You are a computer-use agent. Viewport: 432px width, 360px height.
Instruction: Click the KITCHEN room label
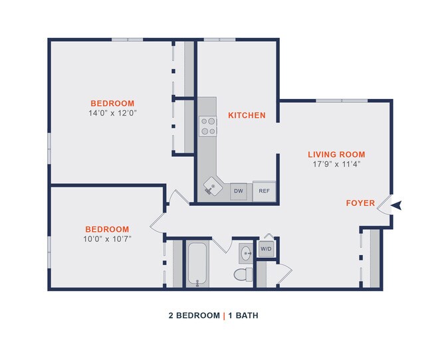(x=247, y=116)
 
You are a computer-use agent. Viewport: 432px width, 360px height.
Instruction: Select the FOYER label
(x=360, y=203)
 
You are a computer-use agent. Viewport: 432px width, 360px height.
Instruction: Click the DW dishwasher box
(x=239, y=191)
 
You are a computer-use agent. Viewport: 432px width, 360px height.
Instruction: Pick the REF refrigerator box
(x=264, y=191)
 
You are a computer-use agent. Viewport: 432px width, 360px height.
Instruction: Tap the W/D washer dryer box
(x=266, y=249)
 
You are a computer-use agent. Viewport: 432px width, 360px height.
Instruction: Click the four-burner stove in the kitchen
(x=208, y=126)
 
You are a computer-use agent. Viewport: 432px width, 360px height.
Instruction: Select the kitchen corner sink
(x=212, y=187)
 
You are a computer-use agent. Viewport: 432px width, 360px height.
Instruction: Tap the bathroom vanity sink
(x=245, y=252)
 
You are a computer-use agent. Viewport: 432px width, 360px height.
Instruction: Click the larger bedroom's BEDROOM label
(x=112, y=104)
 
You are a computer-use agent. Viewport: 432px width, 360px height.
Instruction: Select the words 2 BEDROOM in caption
(x=193, y=315)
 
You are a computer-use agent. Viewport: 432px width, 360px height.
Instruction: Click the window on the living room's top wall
(x=342, y=101)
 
